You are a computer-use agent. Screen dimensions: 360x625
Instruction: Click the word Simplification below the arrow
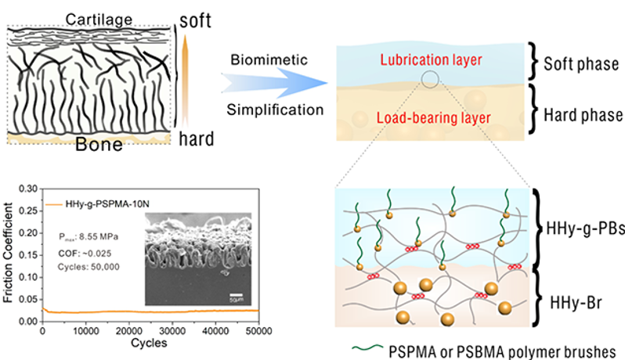(273, 108)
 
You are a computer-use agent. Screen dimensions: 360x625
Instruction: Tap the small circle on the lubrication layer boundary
(429, 79)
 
